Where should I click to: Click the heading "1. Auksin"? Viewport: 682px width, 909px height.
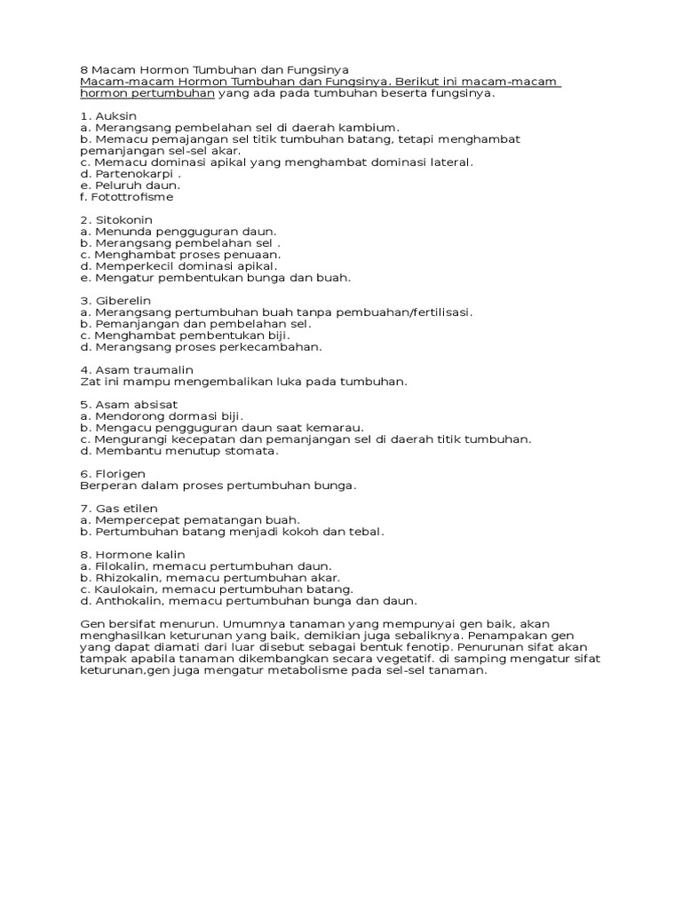point(108,116)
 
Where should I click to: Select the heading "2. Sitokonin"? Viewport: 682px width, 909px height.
point(115,220)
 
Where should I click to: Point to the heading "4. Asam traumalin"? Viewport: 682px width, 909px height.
point(136,370)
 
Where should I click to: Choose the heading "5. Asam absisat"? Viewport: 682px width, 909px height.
point(129,405)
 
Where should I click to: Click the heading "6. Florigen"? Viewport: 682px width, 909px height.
point(112,474)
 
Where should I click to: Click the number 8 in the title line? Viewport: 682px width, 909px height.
point(83,70)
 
